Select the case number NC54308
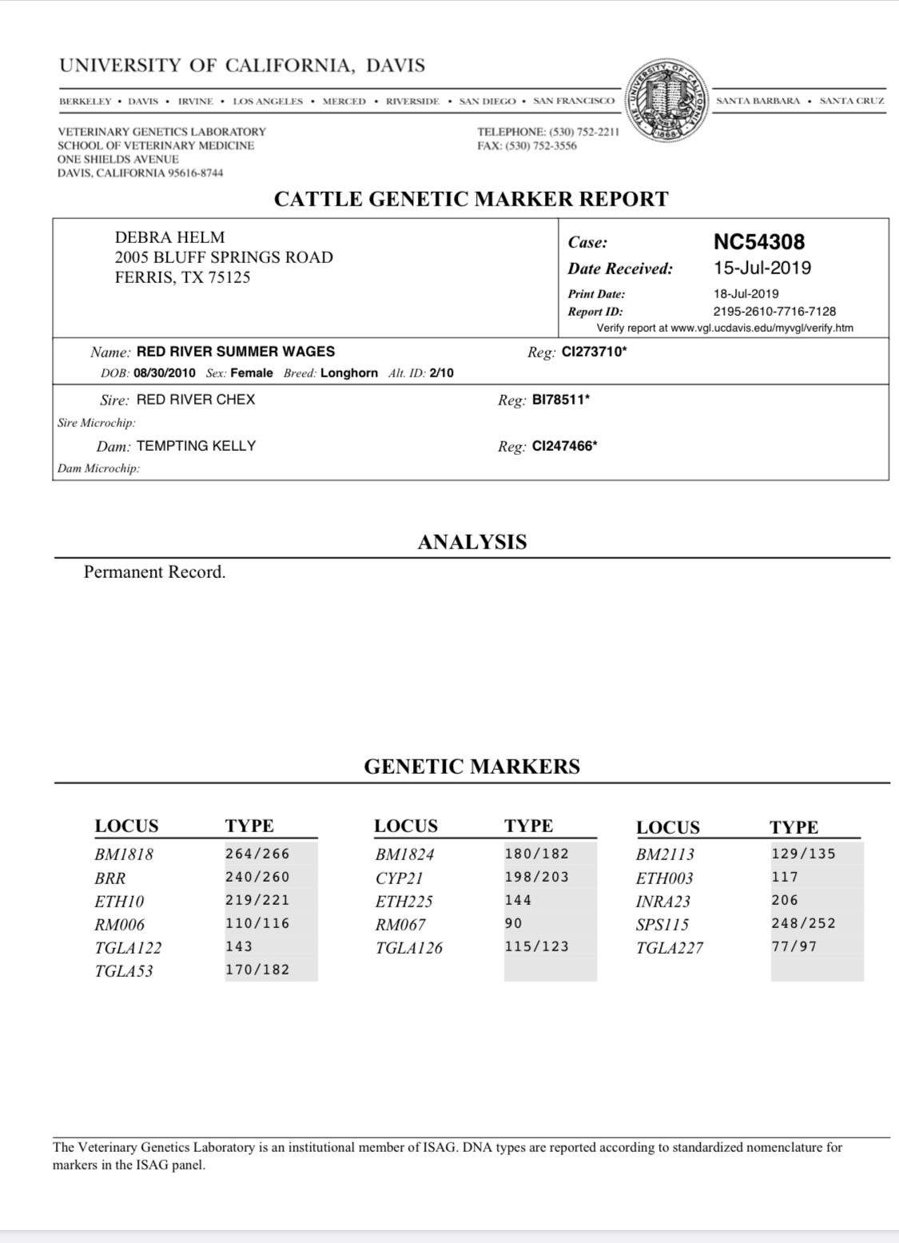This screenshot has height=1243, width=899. coord(758,241)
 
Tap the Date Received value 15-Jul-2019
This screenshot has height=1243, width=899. coord(762,268)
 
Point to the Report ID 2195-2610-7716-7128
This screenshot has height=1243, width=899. coord(774,311)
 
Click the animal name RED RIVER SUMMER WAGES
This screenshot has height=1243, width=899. coord(236,351)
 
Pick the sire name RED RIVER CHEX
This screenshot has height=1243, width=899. coord(196,399)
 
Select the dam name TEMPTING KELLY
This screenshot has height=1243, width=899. coord(196,445)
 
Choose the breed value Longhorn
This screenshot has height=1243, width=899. coord(348,373)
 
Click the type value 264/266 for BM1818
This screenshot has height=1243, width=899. coord(257,854)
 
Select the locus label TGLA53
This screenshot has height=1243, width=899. coord(124,970)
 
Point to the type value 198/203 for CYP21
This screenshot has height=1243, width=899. coord(536,877)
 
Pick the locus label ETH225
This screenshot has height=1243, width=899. coord(404,901)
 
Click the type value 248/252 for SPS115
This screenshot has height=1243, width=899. coord(803,923)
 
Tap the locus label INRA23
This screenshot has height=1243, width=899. coord(662,901)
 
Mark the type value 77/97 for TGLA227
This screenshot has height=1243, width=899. coord(794,946)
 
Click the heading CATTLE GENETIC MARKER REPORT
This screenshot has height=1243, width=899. coord(471,199)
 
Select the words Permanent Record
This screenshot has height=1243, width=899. coord(155,572)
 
